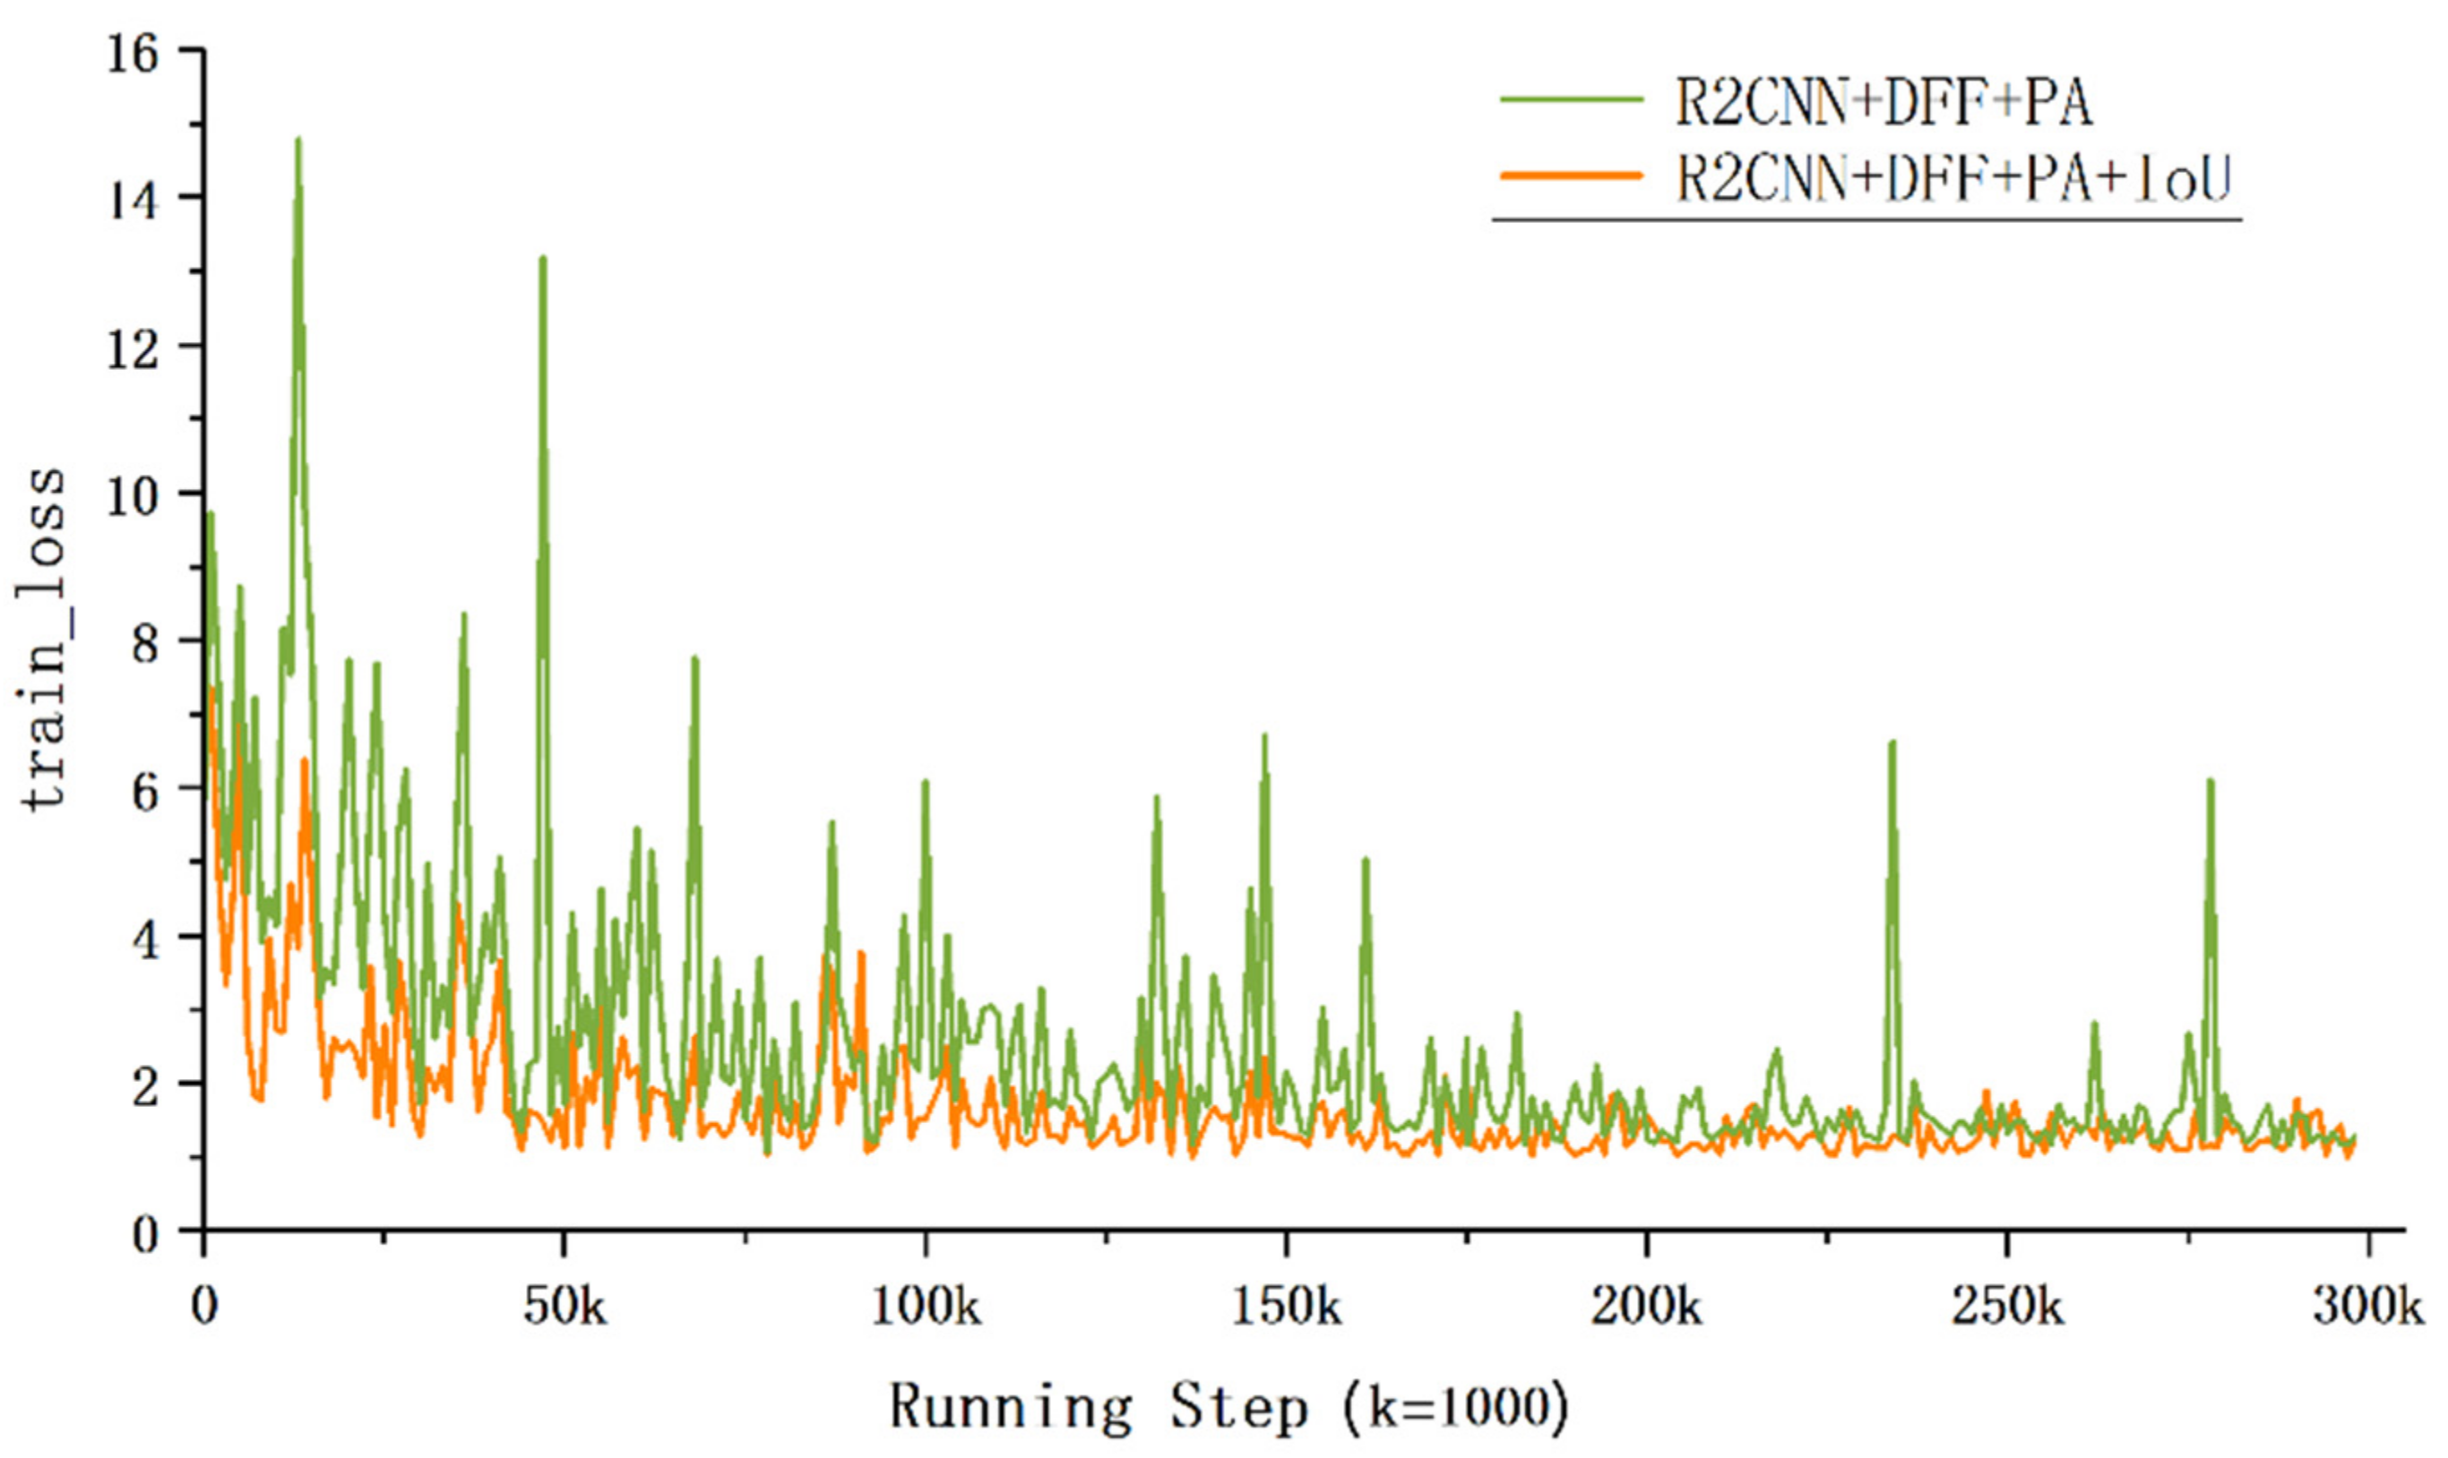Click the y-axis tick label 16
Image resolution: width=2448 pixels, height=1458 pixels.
tap(132, 53)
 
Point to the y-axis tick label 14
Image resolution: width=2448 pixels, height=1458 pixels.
tap(132, 201)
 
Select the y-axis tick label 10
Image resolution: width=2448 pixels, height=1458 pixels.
tap(132, 496)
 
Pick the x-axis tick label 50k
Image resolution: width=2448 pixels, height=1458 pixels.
tap(565, 1308)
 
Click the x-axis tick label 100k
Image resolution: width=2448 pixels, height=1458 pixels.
tap(926, 1308)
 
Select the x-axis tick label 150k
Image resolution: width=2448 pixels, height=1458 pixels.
tap(1287, 1308)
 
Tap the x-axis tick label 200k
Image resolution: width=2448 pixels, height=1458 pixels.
tap(1647, 1308)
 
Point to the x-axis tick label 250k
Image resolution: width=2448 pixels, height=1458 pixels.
tap(2008, 1308)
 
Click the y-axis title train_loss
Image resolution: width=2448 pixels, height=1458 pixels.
tap(44, 639)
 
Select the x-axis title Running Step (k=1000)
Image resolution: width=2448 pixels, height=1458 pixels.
tap(1228, 1407)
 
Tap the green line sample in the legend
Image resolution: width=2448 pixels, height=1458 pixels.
tap(1572, 99)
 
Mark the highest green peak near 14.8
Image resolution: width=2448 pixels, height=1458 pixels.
tap(297, 140)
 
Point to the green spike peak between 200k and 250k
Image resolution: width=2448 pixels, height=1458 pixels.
tap(1892, 742)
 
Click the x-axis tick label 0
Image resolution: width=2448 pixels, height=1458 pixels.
tap(204, 1308)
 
